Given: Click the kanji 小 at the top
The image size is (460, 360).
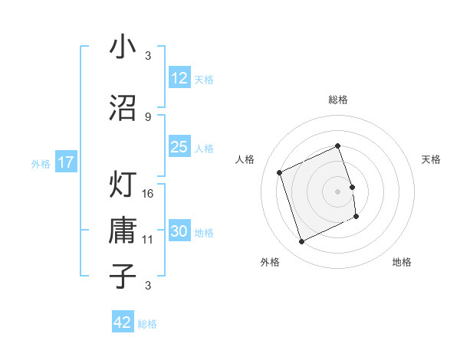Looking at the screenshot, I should point(123,47).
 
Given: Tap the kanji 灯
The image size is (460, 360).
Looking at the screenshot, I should point(123,184).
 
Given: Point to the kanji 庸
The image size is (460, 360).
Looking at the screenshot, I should point(123,231).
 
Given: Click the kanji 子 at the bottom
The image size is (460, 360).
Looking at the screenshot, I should point(123,275).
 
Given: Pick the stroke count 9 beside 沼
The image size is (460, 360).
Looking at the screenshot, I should point(147,116).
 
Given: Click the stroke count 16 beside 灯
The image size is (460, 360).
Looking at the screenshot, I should point(148,193).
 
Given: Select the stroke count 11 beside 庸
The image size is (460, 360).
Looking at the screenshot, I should point(148,240).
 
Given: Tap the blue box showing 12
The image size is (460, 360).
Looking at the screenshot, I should point(179,78).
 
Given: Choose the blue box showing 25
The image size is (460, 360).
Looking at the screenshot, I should point(179,147).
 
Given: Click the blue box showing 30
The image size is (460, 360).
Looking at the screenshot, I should point(179,231).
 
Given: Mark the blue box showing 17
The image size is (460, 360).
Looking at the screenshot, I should point(65,162).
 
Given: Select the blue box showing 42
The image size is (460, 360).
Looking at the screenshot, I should point(123,322).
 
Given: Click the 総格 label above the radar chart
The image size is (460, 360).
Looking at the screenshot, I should point(337,100).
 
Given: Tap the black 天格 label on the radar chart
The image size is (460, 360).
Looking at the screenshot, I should point(432,159).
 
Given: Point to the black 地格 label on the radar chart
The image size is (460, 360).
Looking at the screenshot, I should point(402,262).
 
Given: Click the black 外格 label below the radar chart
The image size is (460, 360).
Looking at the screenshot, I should point(270,262).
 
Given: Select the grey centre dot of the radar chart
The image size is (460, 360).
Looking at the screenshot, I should point(337,191).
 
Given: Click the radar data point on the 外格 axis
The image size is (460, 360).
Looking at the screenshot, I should point(301,242).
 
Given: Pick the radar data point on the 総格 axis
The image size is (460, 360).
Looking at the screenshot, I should point(337,146).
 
